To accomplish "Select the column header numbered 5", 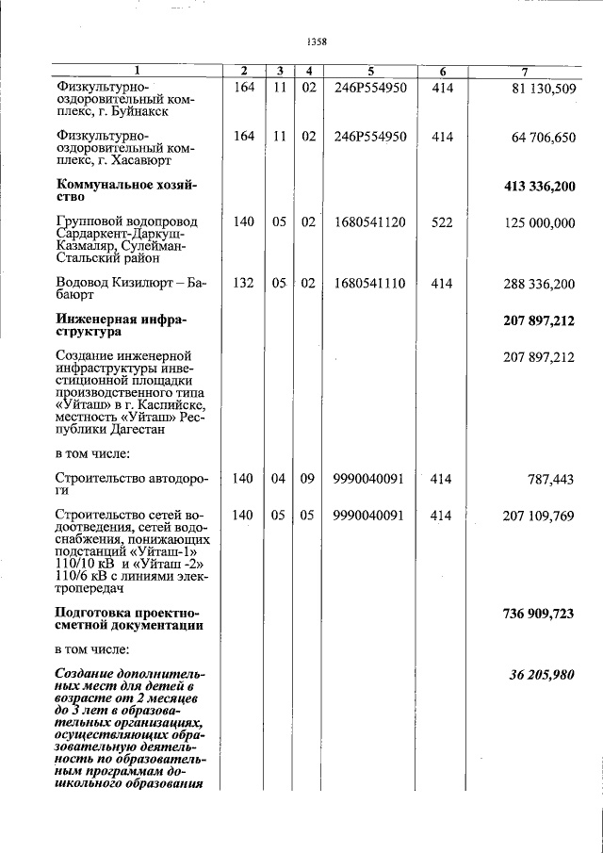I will click(370, 72).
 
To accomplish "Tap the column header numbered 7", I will click(524, 72).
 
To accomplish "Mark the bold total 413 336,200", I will click(539, 187).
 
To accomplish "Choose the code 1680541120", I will click(369, 223).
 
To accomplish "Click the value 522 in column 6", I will click(442, 223).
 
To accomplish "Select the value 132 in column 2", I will click(243, 284).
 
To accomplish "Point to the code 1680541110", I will click(369, 284).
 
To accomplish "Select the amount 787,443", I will click(551, 480).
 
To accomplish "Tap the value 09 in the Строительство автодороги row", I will click(307, 479).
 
